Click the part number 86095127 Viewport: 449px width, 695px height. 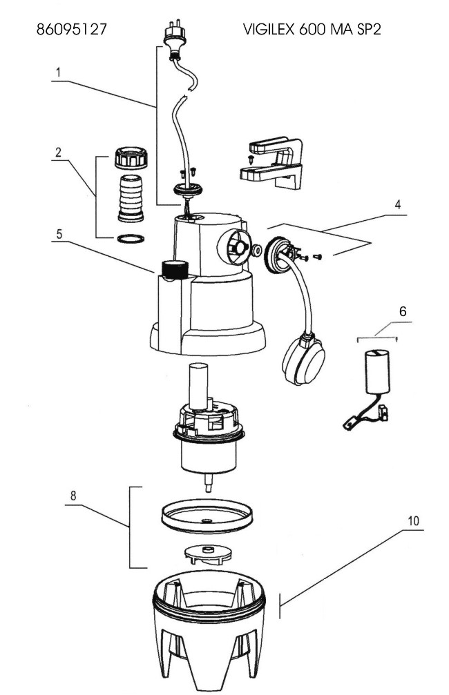(x=71, y=29)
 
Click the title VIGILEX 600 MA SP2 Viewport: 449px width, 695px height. (x=312, y=29)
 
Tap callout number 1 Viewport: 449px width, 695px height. (x=58, y=72)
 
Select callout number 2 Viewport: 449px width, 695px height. (x=58, y=153)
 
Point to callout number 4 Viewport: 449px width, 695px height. (x=397, y=204)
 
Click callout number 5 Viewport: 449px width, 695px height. (x=59, y=234)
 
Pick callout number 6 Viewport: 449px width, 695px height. (x=403, y=311)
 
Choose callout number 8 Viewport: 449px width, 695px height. (x=73, y=496)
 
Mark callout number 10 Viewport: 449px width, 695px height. (x=413, y=521)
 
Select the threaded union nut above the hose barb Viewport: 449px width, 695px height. (x=131, y=157)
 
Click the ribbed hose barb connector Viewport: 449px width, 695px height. (x=131, y=197)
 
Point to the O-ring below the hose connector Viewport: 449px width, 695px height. (x=131, y=239)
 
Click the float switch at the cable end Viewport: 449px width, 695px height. (x=303, y=359)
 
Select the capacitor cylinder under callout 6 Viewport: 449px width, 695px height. (x=377, y=371)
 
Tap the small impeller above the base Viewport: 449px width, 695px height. (x=207, y=554)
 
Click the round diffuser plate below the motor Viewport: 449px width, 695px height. (x=207, y=516)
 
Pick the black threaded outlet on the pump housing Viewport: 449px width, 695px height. (x=175, y=269)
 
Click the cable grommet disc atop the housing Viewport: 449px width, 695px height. (x=188, y=190)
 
